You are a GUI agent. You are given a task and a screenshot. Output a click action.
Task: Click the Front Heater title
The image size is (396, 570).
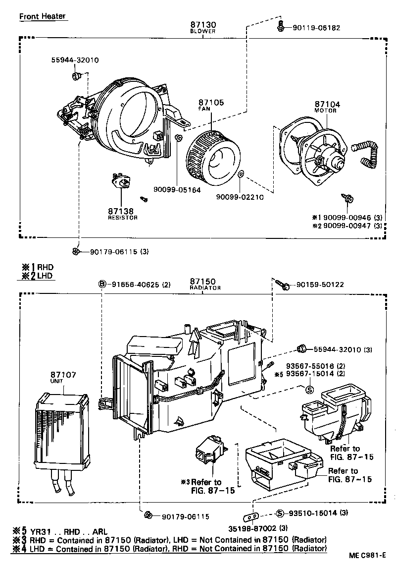coord(42,16)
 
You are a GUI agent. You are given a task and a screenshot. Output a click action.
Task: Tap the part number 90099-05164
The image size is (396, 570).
coord(177,189)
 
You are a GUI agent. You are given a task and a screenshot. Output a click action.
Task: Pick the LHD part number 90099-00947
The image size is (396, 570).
coord(351,226)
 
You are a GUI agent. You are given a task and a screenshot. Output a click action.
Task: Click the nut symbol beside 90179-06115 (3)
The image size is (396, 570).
coord(76,251)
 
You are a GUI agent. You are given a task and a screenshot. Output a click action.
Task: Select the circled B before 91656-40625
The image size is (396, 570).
coord(102,285)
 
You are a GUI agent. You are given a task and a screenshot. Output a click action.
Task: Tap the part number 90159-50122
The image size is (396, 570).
coord(320,285)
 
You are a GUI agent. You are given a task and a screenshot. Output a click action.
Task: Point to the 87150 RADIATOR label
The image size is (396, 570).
coord(204,284)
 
